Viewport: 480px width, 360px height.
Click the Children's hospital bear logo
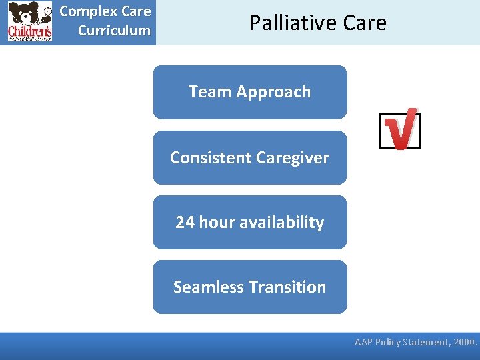tap(30, 22)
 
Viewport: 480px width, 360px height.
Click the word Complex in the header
tap(85, 11)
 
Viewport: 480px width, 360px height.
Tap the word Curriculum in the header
tap(114, 31)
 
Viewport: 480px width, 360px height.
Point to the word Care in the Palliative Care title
tap(362, 23)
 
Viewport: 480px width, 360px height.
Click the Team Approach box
tap(250, 92)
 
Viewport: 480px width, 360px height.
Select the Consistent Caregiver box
tap(250, 157)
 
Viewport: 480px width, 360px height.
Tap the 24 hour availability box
tap(250, 222)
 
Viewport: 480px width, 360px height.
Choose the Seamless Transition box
tap(250, 287)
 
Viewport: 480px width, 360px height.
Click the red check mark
tap(401, 129)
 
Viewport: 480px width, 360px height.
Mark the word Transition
tap(287, 287)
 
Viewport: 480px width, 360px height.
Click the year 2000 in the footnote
tap(465, 343)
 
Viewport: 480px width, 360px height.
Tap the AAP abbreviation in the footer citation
tap(364, 343)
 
